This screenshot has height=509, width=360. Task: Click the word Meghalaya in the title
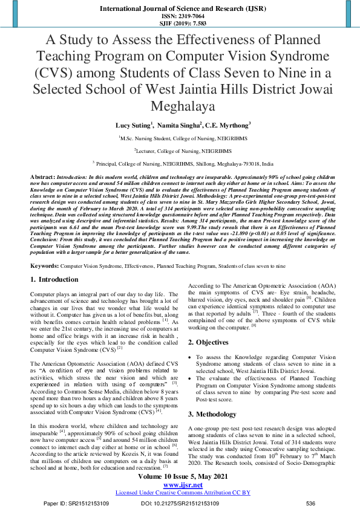pos(179,107)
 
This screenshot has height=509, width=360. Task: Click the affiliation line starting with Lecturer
pos(179,151)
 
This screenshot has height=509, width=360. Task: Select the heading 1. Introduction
pos(54,280)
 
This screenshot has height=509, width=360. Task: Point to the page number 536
pos(311,503)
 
